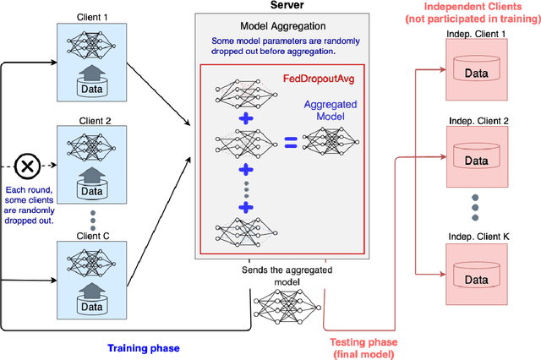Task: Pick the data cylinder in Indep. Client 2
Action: (x=473, y=155)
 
